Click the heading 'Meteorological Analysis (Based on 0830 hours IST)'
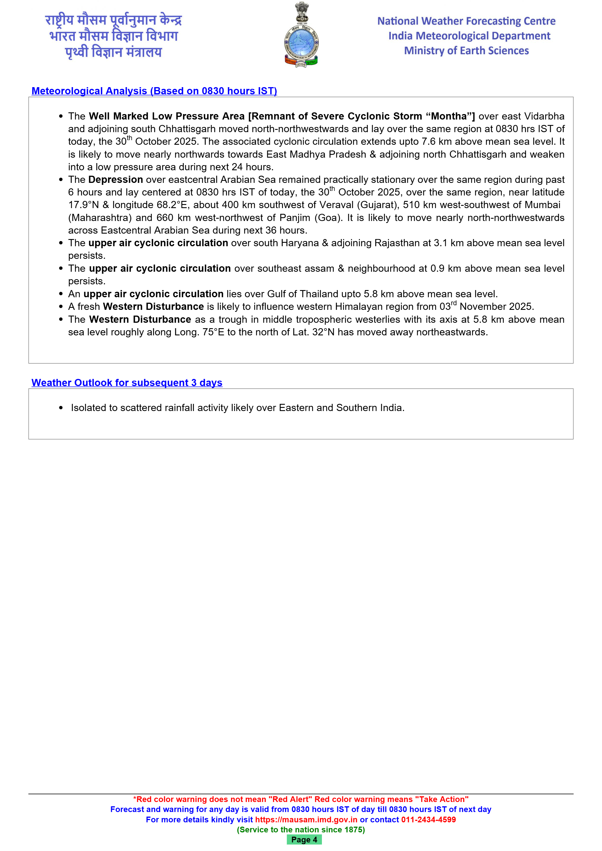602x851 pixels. tap(154, 91)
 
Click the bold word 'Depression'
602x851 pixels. tap(116, 180)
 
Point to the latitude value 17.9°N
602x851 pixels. tap(83, 205)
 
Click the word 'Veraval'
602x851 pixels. tap(336, 205)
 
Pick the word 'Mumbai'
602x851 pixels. tap(543, 205)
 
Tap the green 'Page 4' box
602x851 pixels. tap(304, 840)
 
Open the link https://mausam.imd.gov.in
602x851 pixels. tap(306, 819)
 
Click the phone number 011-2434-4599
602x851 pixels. tap(428, 819)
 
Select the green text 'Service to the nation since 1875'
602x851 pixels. tap(301, 830)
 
